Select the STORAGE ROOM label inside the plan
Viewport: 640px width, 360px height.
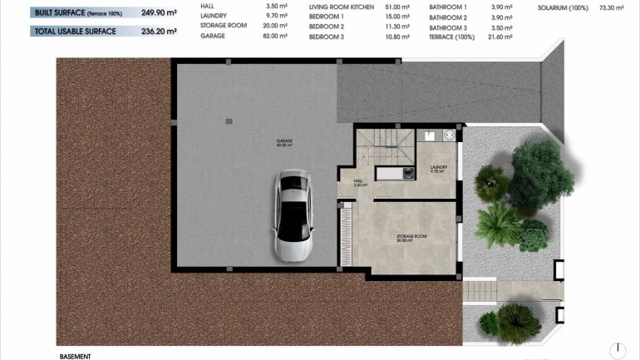411,237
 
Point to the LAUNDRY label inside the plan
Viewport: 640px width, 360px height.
439,167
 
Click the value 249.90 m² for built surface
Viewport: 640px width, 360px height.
160,12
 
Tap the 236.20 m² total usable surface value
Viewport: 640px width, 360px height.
160,32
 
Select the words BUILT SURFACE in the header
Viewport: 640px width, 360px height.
59,12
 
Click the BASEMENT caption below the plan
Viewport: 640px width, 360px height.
74,355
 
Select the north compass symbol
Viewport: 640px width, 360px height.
617,351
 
